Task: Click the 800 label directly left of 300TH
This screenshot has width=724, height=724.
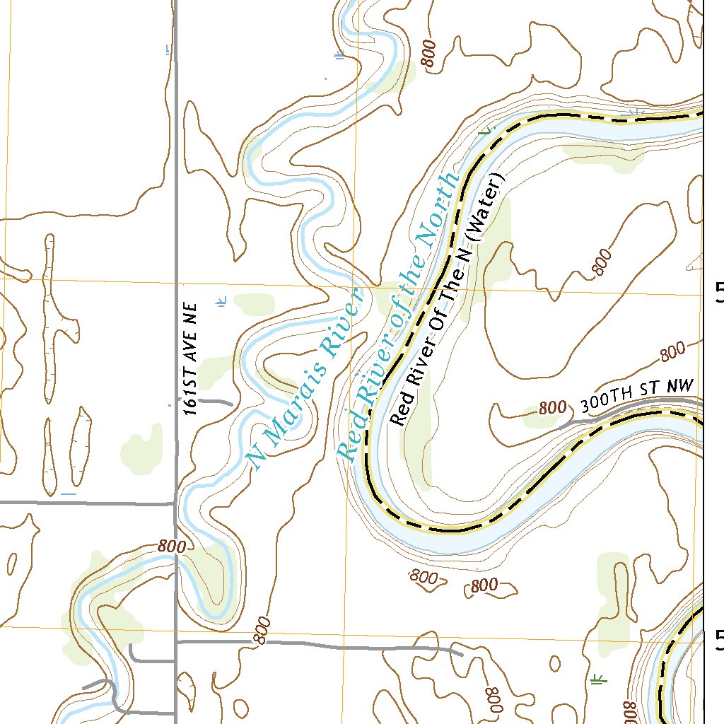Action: coord(553,408)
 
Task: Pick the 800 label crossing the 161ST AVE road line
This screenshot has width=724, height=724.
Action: coord(171,546)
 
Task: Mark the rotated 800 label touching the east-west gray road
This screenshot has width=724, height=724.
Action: coord(261,631)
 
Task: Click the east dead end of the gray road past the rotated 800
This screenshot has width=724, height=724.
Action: coord(461,653)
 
